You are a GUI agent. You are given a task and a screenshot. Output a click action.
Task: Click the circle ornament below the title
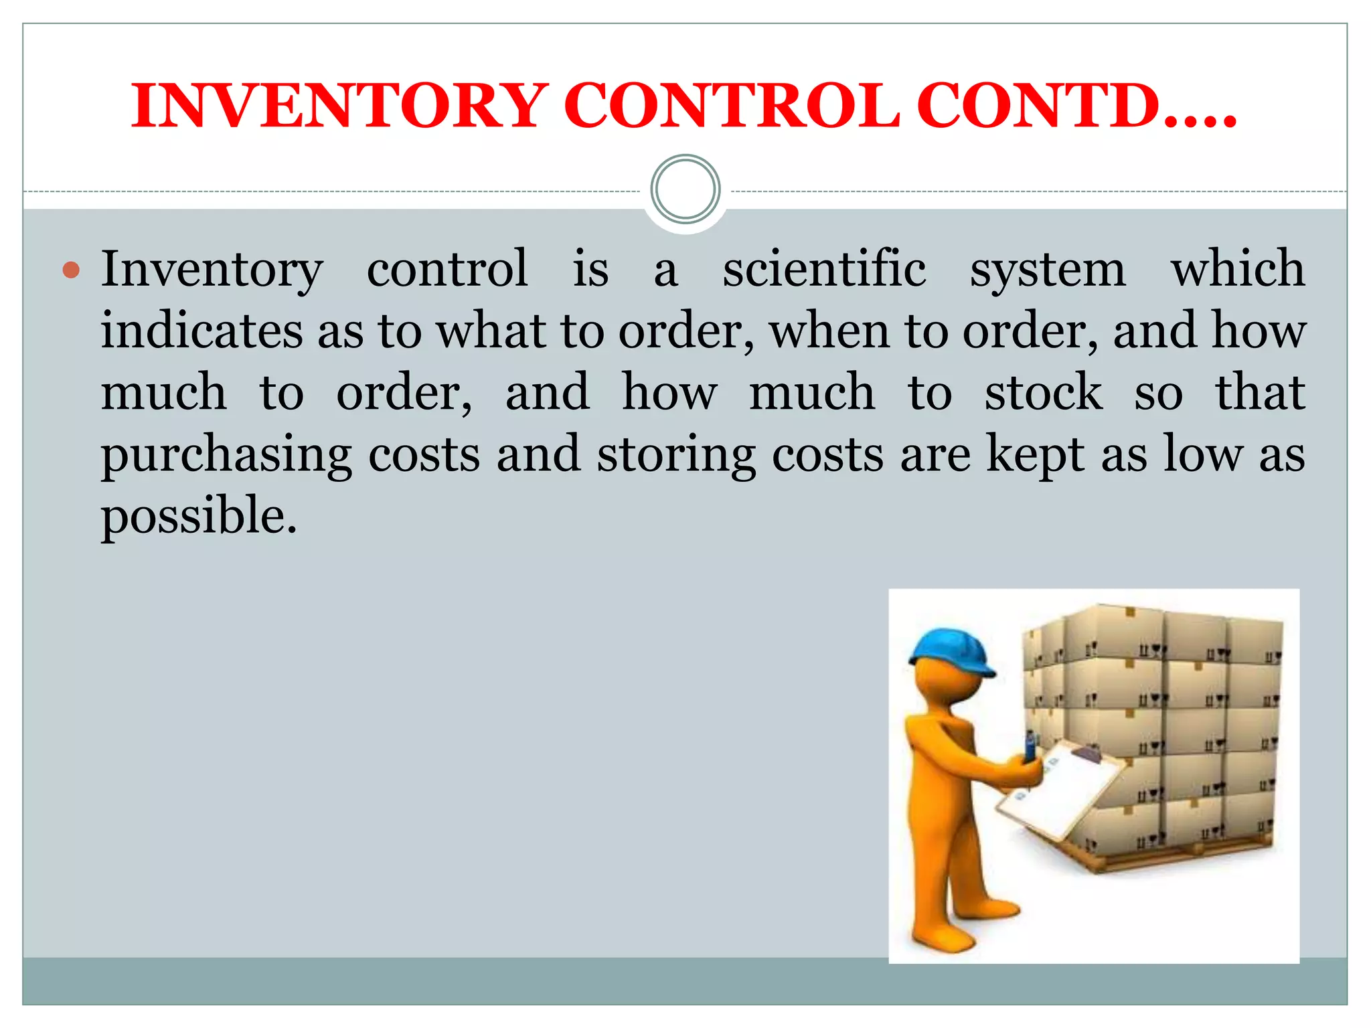point(685,189)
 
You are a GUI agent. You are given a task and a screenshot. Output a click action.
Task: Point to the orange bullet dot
point(71,270)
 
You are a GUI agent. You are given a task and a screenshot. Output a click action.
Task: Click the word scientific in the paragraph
point(824,269)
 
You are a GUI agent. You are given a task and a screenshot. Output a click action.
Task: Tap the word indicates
point(201,331)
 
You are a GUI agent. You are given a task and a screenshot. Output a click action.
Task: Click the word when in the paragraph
point(829,331)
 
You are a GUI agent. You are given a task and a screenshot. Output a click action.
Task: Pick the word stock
point(1043,392)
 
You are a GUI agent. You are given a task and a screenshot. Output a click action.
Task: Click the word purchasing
point(226,455)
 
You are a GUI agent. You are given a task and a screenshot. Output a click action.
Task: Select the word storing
point(676,455)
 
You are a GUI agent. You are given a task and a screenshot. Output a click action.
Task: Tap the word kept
point(1036,455)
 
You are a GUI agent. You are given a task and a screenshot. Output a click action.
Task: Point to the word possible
point(198,517)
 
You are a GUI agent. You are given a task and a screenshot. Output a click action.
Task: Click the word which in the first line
point(1238,269)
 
